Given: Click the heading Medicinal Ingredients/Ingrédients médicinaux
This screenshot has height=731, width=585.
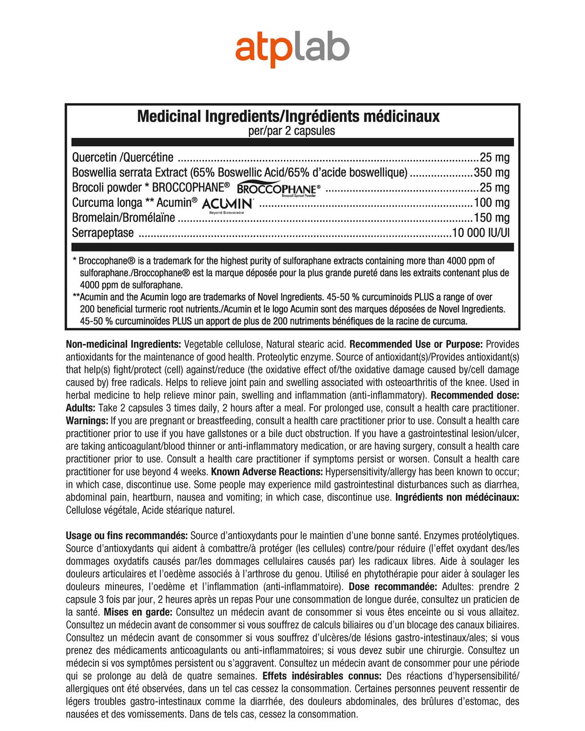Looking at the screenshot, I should pyautogui.click(x=288, y=116).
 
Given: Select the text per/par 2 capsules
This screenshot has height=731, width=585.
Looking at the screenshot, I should pyautogui.click(x=292, y=131).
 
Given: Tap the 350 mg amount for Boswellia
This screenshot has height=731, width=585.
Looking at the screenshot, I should pyautogui.click(x=491, y=173).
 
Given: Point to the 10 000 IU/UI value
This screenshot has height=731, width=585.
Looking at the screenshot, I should pyautogui.click(x=481, y=233).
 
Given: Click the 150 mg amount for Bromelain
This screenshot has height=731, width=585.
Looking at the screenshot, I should pyautogui.click(x=491, y=218).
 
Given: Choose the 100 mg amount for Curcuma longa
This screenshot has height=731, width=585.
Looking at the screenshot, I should pyautogui.click(x=491, y=203).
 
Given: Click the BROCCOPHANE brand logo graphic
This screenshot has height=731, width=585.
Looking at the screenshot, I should pyautogui.click(x=278, y=189).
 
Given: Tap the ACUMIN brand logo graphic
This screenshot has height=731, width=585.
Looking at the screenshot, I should pyautogui.click(x=227, y=204).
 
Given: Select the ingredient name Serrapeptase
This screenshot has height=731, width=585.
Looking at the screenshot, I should pyautogui.click(x=103, y=233).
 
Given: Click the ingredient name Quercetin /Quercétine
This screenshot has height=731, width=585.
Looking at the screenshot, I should pyautogui.click(x=123, y=157).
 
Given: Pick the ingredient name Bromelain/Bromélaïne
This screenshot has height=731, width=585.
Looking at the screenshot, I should pyautogui.click(x=123, y=218).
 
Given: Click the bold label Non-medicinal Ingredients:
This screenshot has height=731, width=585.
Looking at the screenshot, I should pyautogui.click(x=123, y=345).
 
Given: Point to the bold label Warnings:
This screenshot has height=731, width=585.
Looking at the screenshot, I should pyautogui.click(x=87, y=421).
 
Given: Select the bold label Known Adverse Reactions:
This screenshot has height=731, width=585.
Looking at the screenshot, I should pyautogui.click(x=267, y=472).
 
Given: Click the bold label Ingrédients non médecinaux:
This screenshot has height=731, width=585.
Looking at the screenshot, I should pyautogui.click(x=457, y=498).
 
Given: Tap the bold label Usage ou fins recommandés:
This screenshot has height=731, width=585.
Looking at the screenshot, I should pyautogui.click(x=127, y=536).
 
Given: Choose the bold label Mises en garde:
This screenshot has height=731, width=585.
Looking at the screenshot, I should pyautogui.click(x=138, y=612).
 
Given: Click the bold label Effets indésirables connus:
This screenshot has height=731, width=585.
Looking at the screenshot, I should pyautogui.click(x=322, y=676).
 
